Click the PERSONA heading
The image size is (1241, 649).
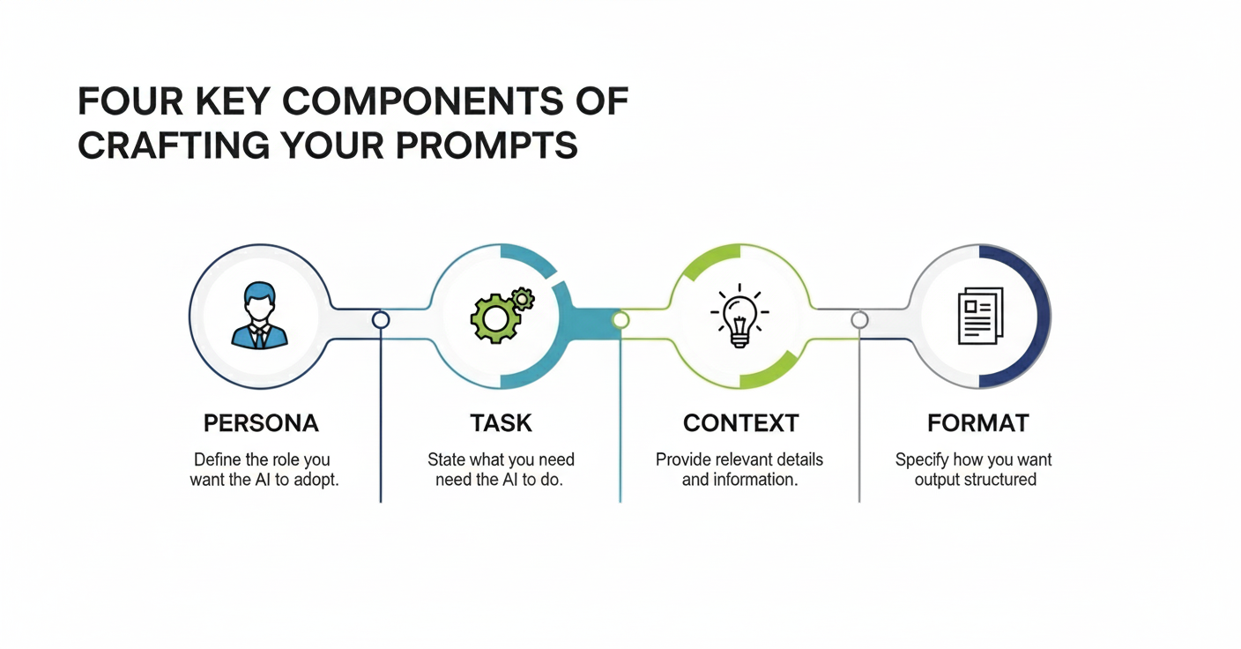coord(261,423)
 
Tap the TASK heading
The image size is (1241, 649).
coord(501,423)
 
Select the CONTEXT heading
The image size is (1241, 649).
coord(740,423)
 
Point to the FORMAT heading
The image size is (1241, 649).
coord(977,423)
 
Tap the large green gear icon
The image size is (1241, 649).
coord(494,318)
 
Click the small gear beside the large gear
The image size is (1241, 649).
coord(522,299)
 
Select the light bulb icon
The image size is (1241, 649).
coord(739,316)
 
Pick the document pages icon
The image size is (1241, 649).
coord(981,316)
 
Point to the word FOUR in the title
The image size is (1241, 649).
coord(130,101)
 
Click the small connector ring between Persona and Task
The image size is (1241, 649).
coord(381,320)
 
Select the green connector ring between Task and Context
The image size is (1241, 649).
coord(620,320)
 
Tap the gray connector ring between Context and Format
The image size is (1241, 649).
coord(859,320)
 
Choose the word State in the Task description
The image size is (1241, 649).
coord(446,459)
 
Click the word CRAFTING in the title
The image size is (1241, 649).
coord(174,145)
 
